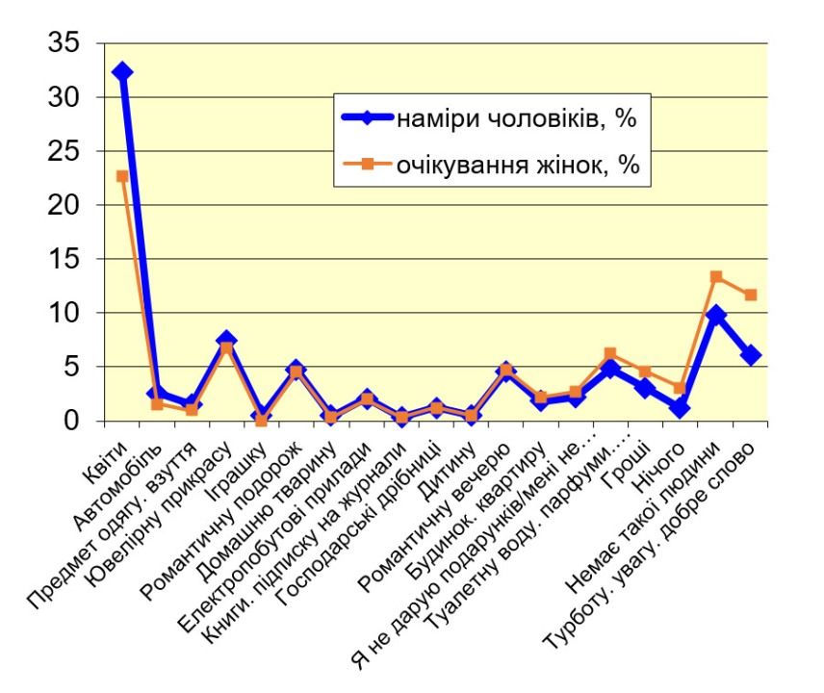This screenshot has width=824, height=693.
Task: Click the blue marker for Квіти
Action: [122, 72]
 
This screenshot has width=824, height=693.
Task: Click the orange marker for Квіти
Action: [122, 176]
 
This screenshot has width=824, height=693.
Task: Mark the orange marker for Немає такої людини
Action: [716, 277]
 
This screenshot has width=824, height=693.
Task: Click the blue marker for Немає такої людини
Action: [716, 315]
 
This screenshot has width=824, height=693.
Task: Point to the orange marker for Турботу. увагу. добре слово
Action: [751, 295]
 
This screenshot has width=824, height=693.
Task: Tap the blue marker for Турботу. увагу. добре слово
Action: [751, 355]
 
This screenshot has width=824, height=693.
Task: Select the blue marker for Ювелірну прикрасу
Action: [226, 341]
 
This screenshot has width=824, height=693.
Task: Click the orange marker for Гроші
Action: [646, 372]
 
